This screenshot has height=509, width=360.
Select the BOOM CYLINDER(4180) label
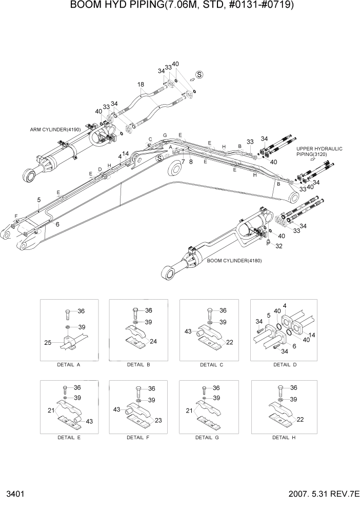(x=234, y=261)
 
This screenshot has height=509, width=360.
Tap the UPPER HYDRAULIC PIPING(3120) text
(x=319, y=151)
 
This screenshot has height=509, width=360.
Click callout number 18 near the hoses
(x=141, y=85)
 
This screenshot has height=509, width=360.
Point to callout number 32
(x=279, y=246)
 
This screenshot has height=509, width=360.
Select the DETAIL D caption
(x=283, y=365)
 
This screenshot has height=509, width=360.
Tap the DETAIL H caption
(x=283, y=438)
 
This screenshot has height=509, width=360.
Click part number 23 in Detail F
(x=158, y=420)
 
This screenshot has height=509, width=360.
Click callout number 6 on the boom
(x=57, y=224)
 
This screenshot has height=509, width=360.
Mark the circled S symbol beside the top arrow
(x=199, y=74)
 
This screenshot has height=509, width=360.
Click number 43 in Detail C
(x=188, y=332)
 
